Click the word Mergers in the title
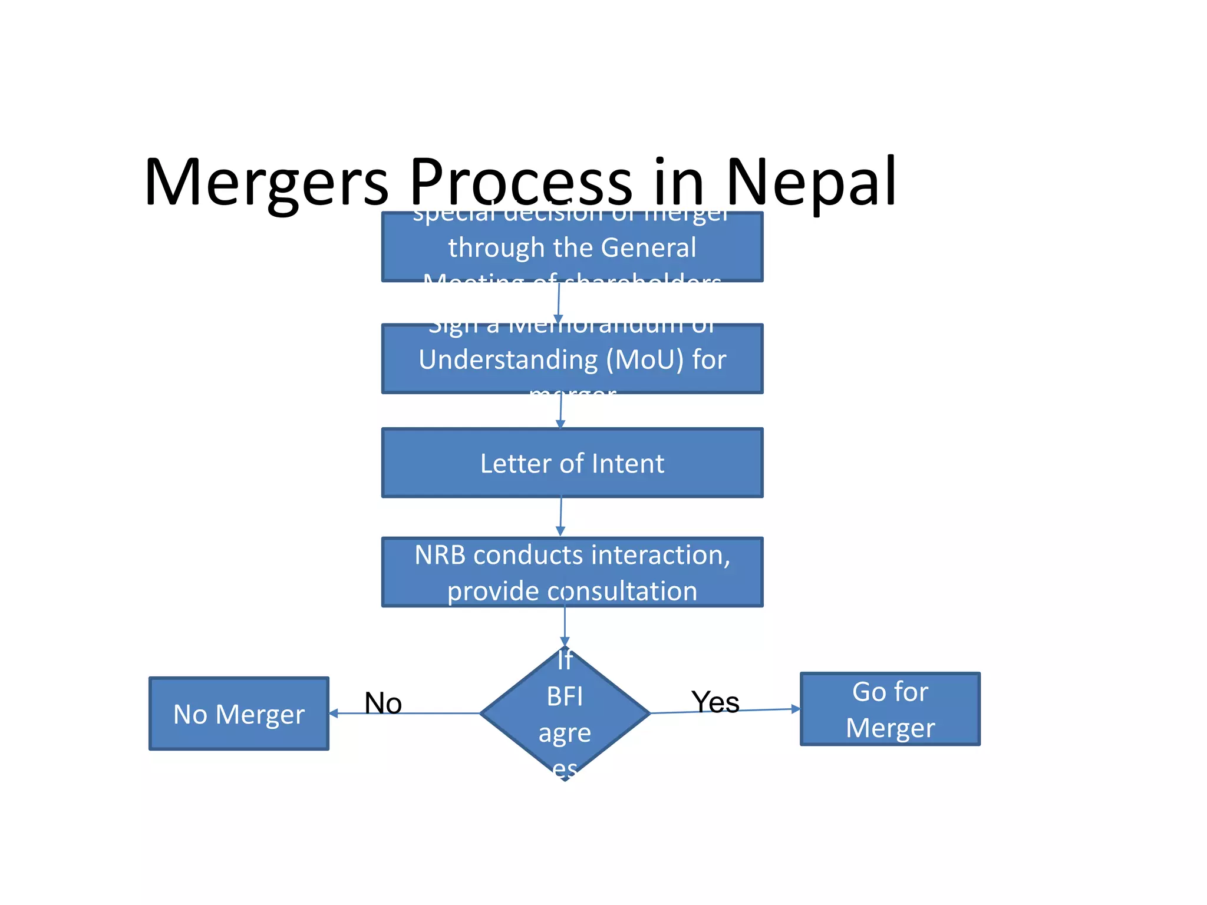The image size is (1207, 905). (x=266, y=183)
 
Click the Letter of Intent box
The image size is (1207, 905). (x=572, y=463)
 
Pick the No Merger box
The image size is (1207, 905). (x=239, y=714)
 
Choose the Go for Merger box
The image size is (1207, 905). (x=890, y=709)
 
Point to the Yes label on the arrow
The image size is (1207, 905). (x=715, y=702)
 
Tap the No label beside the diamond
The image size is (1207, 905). (x=383, y=703)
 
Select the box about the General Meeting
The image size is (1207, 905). (x=572, y=247)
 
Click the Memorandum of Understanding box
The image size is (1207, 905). (x=572, y=359)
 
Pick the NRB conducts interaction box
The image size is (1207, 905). (x=572, y=572)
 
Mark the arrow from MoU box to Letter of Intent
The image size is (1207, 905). (x=560, y=411)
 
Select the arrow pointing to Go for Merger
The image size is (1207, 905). (x=725, y=711)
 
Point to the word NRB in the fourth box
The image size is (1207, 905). (x=440, y=555)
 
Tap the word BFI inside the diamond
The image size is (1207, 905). (x=565, y=697)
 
